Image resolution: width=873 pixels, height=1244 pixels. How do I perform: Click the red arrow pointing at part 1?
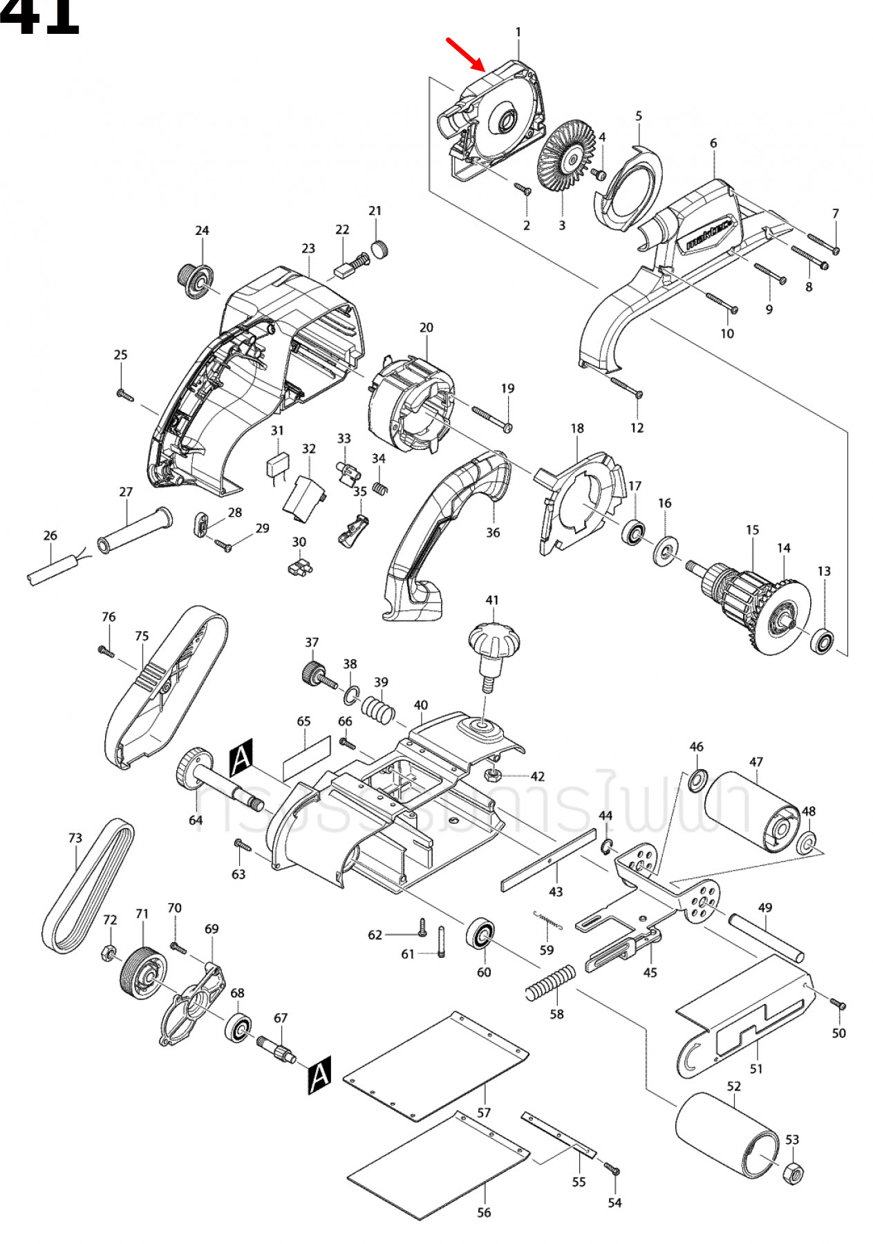[x=466, y=55]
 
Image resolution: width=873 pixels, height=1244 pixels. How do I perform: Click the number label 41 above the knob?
[x=491, y=600]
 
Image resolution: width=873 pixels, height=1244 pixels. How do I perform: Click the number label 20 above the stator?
[x=426, y=327]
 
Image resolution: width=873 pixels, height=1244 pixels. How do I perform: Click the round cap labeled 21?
[x=380, y=248]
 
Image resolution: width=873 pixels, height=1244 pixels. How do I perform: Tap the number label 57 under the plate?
[x=484, y=1112]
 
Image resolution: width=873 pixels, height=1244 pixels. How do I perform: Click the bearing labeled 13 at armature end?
[x=823, y=641]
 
